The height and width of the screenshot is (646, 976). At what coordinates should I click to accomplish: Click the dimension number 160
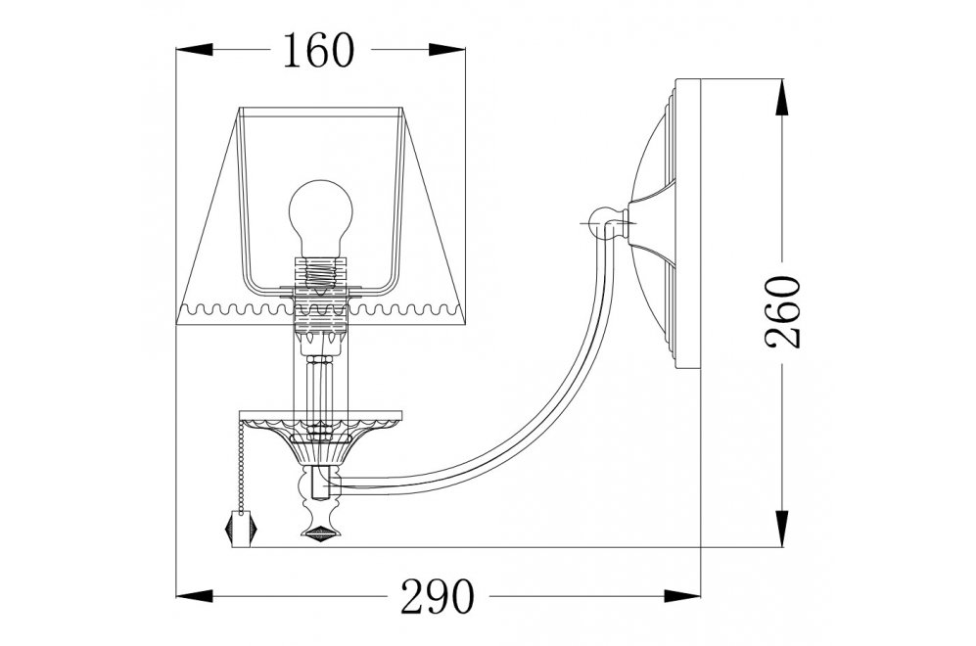[x=318, y=50]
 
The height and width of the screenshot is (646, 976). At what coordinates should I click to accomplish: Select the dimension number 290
[x=437, y=595]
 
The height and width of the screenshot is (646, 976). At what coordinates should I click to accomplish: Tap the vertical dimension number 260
[x=783, y=311]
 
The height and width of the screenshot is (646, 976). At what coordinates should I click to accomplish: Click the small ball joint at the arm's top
[x=602, y=221]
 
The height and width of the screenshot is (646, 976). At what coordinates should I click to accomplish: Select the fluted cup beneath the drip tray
[x=320, y=451]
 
